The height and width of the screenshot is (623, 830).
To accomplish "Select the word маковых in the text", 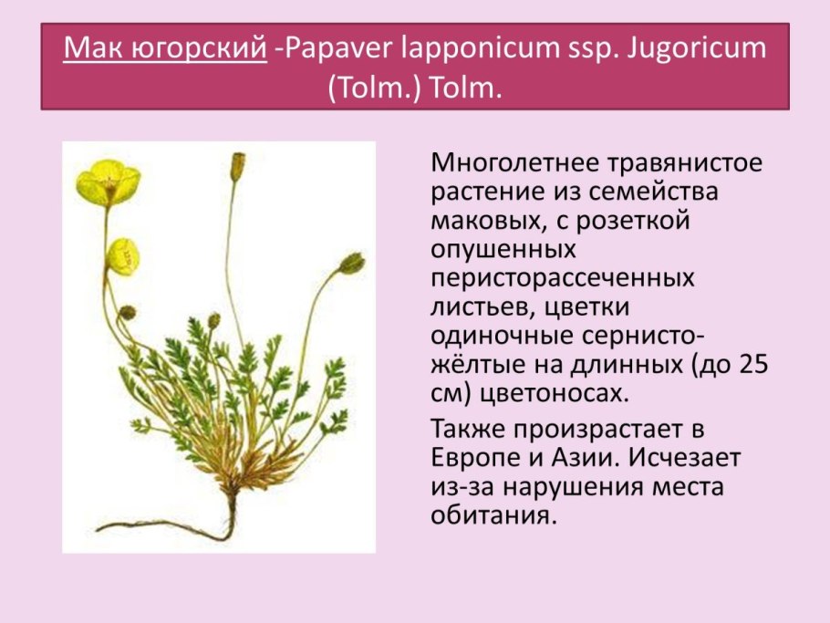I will click(482, 221).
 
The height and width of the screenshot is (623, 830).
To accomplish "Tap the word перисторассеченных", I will click(563, 277).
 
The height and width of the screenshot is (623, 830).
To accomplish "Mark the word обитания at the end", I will click(491, 515).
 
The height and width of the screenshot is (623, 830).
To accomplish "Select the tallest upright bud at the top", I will click(237, 166).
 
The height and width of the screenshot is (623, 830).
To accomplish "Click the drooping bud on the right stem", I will click(351, 264).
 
